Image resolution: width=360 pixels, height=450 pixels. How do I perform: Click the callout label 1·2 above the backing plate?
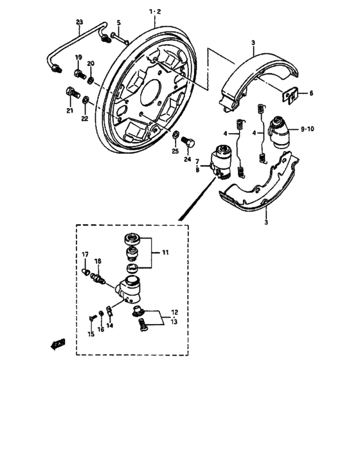156,12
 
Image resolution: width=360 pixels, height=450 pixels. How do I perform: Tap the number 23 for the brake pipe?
80,22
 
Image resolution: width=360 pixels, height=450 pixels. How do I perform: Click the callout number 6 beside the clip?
311,93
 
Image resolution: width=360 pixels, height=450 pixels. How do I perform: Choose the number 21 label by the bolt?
69,111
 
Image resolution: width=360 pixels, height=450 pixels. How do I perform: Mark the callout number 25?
174,151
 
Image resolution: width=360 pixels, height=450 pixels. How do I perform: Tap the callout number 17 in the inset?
85,255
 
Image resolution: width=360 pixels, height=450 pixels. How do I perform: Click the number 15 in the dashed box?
90,334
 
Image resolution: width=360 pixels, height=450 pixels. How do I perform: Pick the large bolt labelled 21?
70,97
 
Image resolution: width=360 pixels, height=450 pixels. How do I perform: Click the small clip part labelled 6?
291,96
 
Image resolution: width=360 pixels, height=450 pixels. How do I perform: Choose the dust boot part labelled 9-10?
281,131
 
